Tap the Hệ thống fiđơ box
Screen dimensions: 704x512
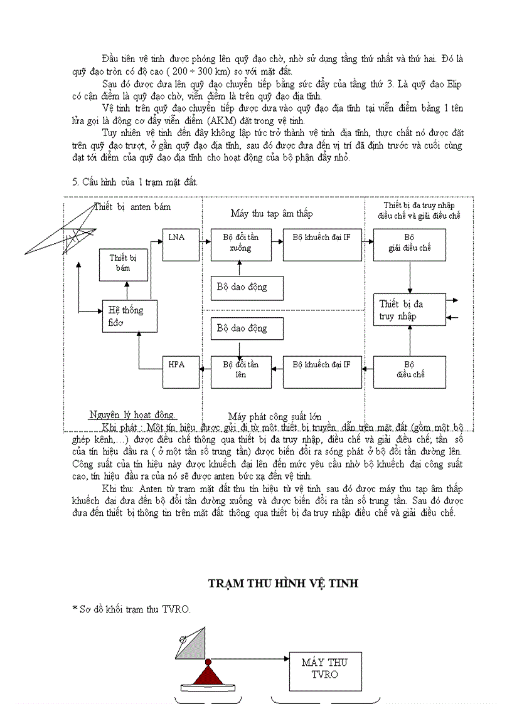[130, 316]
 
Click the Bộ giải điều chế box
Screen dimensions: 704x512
[409, 244]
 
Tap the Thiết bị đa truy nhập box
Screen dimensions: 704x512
[409, 310]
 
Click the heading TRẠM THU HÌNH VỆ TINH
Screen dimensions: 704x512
[283, 584]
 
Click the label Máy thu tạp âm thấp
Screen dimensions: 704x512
[271, 214]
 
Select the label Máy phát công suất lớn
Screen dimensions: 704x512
[274, 416]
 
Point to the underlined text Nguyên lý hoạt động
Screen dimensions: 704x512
[132, 414]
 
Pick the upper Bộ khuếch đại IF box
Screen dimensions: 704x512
[322, 244]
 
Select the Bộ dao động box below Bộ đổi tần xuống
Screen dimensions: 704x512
[247, 287]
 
